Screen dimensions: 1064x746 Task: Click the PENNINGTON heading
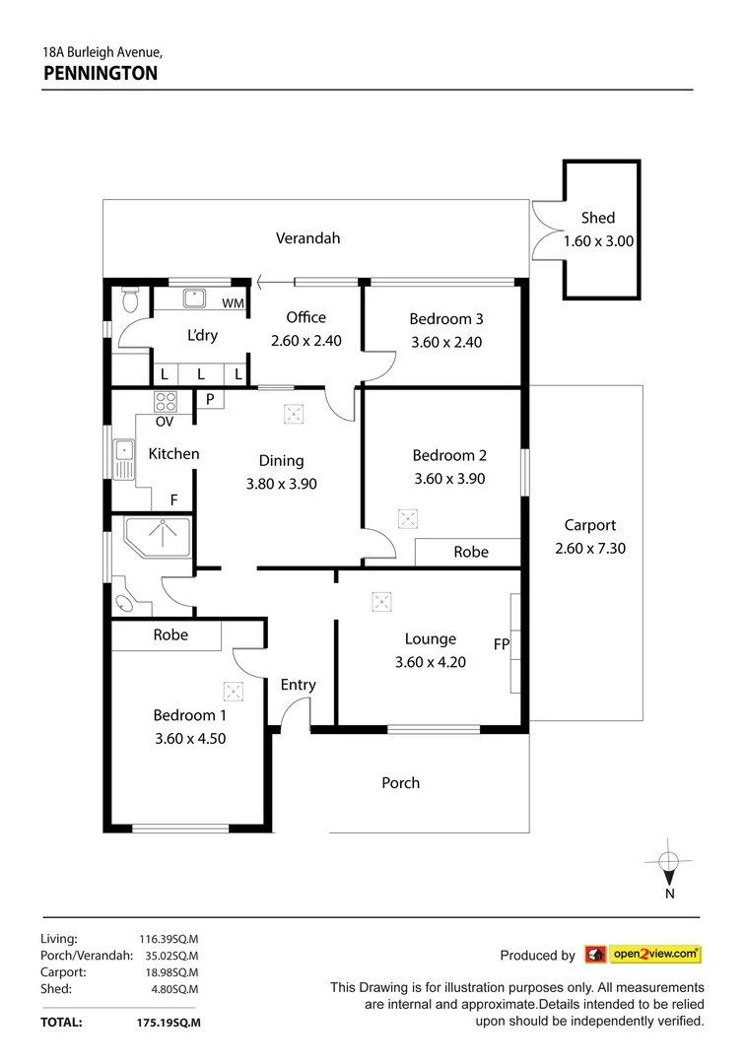click(100, 72)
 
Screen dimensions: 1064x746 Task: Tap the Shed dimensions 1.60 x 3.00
click(597, 240)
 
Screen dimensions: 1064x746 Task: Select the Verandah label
click(307, 237)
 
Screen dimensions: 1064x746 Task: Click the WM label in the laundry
click(233, 303)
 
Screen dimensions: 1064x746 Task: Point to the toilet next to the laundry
click(129, 299)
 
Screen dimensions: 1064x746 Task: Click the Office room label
click(305, 317)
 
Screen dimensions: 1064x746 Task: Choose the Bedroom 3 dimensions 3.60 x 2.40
click(446, 343)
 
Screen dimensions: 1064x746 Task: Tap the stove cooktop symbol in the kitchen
click(166, 401)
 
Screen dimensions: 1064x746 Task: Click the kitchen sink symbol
click(124, 459)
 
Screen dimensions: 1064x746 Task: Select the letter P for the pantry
click(210, 399)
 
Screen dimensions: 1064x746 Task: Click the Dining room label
click(281, 460)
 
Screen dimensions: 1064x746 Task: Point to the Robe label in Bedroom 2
click(470, 552)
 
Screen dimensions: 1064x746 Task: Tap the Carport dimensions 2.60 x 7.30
click(589, 549)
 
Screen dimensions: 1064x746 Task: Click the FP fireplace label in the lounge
click(501, 644)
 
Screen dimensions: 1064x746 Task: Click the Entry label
click(298, 685)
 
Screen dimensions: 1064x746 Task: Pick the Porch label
click(400, 782)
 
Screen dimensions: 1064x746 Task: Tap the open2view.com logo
click(643, 954)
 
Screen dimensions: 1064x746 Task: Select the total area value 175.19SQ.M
click(168, 1023)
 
